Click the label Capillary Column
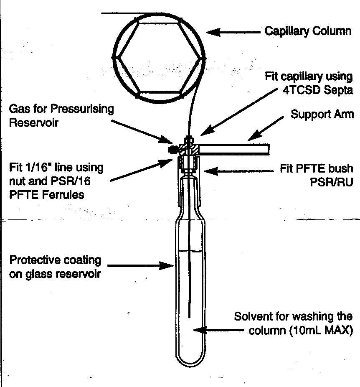(308, 31)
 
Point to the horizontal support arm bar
(234, 148)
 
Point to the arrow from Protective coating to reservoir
(138, 265)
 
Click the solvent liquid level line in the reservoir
(190, 250)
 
